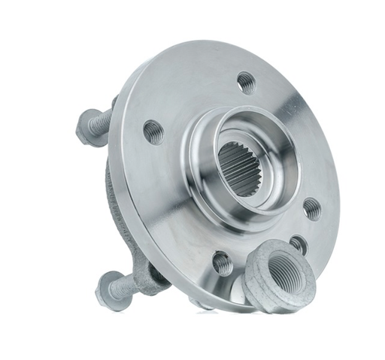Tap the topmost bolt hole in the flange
pyautogui.click(x=245, y=81)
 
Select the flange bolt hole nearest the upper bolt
pyautogui.click(x=153, y=132)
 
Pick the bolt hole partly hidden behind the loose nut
pyautogui.click(x=298, y=244)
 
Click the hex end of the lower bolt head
pyautogui.click(x=105, y=286)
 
